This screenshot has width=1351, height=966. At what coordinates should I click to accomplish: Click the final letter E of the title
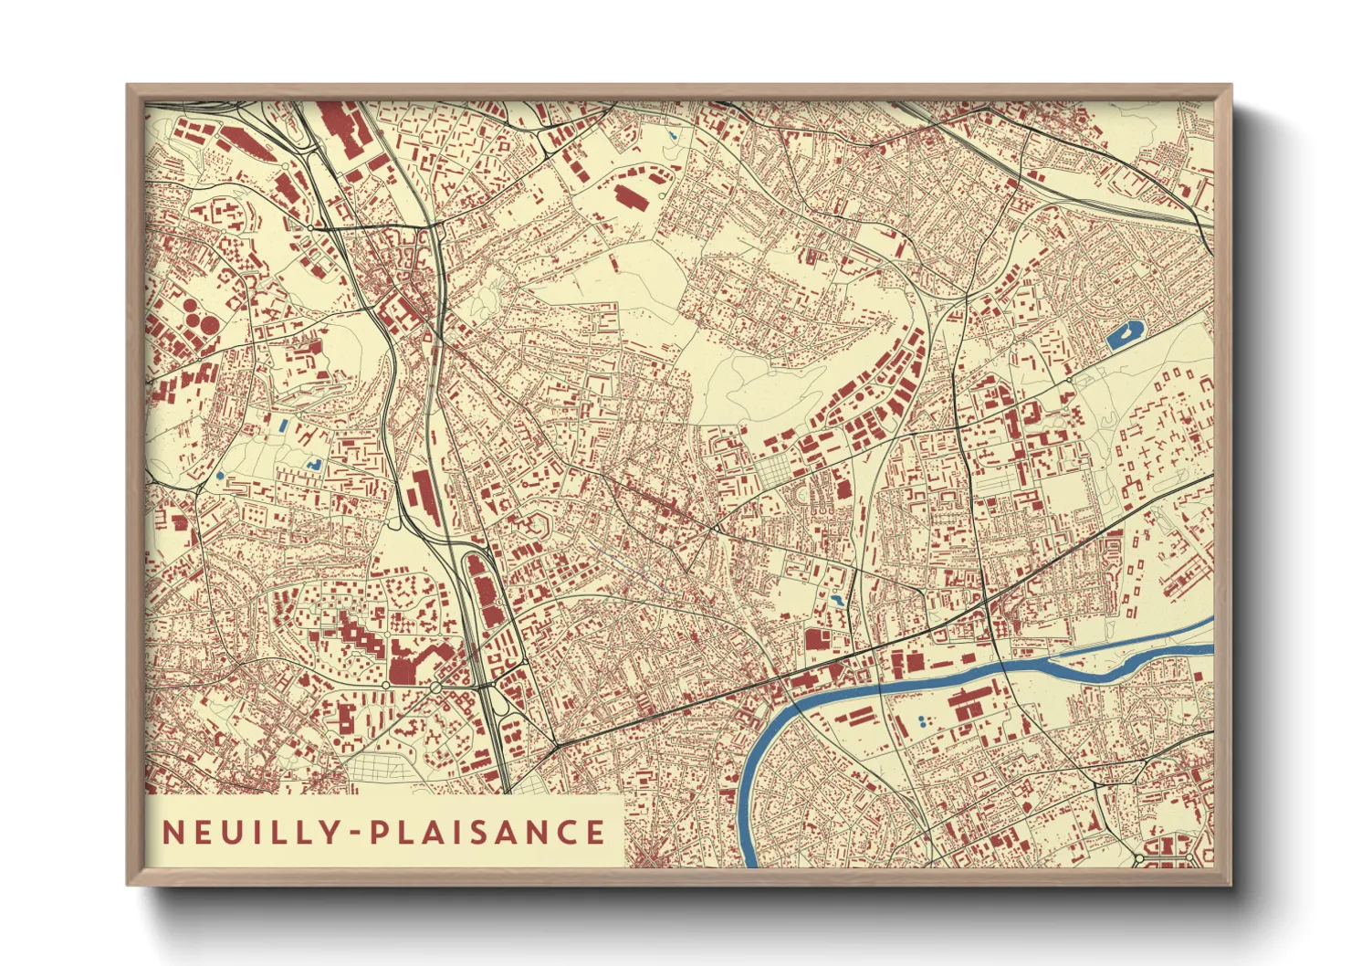pos(595,832)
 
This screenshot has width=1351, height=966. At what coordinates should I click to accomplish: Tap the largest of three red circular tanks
pos(208,322)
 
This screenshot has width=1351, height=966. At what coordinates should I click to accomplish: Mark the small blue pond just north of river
pos(837,601)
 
